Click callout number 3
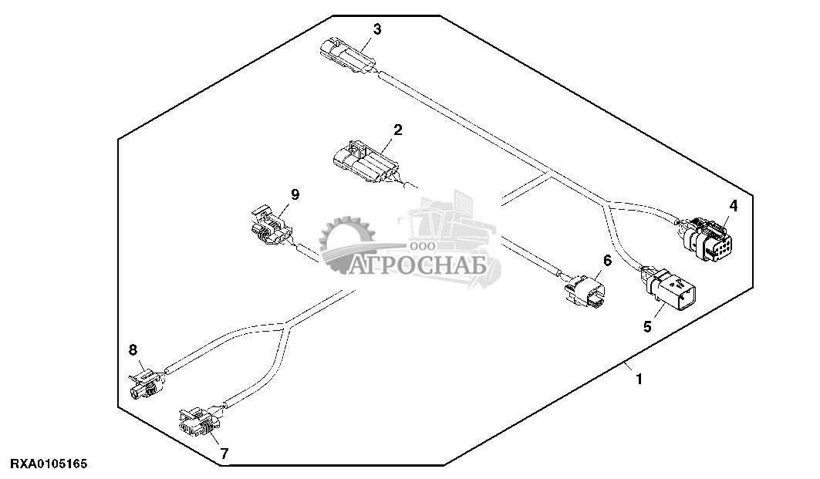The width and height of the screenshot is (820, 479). click(x=376, y=29)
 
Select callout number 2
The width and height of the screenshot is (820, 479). click(x=397, y=130)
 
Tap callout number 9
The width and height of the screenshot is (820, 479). click(x=295, y=194)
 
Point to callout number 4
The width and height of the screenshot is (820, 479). click(x=733, y=206)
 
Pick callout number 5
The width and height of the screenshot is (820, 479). click(x=647, y=326)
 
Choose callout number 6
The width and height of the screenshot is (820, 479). click(x=607, y=261)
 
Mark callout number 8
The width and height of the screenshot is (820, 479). click(x=133, y=350)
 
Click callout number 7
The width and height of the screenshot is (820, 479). click(x=224, y=454)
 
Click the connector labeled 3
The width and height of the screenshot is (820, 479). click(x=346, y=57)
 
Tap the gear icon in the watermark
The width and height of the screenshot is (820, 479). click(x=346, y=245)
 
